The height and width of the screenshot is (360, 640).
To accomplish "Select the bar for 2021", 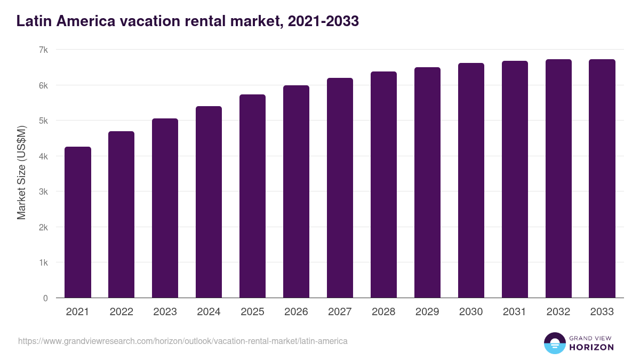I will pos(78,222).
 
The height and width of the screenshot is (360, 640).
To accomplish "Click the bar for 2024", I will pos(209,202).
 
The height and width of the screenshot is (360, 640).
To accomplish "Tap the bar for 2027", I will pos(340,188).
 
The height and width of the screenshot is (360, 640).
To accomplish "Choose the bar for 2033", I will pos(602,179).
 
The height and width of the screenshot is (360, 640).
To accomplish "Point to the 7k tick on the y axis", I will pos(43,50).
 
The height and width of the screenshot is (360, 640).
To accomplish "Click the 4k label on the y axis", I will pos(43,156).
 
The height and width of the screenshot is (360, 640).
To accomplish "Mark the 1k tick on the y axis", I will pos(43,263).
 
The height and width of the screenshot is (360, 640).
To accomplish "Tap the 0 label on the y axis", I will pos(46,298).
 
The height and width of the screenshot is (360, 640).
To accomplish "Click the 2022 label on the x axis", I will pos(122,312).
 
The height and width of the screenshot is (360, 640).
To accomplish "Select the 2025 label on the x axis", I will pos(253,312).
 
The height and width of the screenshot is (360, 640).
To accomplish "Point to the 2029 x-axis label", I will pos(428,312).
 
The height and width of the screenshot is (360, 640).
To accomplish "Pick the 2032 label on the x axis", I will pos(558,312).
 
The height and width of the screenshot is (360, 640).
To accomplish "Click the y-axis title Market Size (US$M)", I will pos(21,172).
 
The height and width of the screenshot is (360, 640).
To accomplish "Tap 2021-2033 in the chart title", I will pos(323,21).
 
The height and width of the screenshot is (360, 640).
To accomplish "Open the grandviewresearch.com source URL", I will pos(183,341).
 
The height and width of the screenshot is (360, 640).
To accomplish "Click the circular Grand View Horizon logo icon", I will pos(555,343).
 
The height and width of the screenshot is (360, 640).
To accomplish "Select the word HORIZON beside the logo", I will pos(591,347).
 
